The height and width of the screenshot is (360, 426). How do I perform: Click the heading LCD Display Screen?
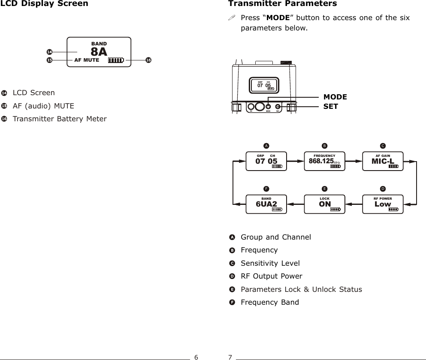point(44,4)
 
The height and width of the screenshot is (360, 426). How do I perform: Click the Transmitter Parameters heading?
point(282,4)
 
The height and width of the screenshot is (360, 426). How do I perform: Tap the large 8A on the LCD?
point(99,52)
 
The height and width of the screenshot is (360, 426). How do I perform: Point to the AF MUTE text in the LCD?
point(87,60)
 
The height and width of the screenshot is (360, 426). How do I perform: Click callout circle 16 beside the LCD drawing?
point(148,60)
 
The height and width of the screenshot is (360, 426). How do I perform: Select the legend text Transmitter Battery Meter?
point(60,119)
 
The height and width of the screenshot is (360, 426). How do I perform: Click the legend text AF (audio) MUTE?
point(43,106)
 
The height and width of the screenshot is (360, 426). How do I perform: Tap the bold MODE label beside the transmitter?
point(335,97)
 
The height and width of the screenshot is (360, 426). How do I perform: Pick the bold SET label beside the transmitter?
point(331,106)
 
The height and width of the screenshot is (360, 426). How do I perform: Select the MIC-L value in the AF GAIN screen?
point(383,161)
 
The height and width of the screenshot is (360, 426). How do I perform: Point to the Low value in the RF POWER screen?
point(383,204)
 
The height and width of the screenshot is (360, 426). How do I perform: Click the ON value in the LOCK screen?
point(325,204)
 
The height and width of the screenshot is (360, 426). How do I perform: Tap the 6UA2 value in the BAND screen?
point(266,204)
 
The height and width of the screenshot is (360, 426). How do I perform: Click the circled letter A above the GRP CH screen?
point(266,144)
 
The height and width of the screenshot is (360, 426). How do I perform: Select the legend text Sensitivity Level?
point(270,263)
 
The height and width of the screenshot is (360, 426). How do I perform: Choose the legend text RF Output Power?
point(272,276)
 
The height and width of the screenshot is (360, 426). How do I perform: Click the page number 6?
point(196,357)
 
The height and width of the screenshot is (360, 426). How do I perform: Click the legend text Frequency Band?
point(270,303)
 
